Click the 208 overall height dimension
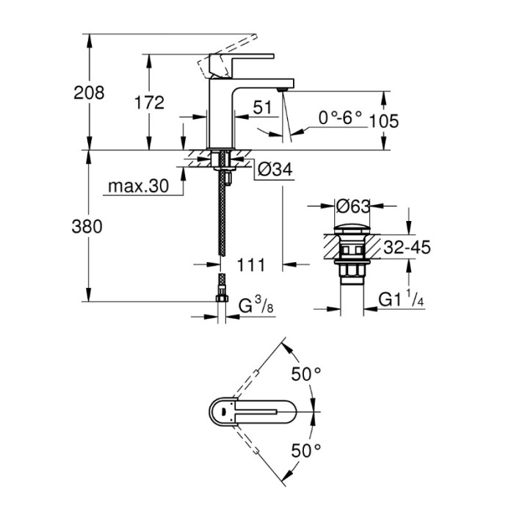pos(90,93)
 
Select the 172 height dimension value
pos(150,103)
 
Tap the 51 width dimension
pos(262,107)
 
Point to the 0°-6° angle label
pos(341,118)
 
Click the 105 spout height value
pos(385,121)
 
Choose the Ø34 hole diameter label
pos(276,170)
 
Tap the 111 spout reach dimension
pos(253,262)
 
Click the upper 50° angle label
pos(306,374)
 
